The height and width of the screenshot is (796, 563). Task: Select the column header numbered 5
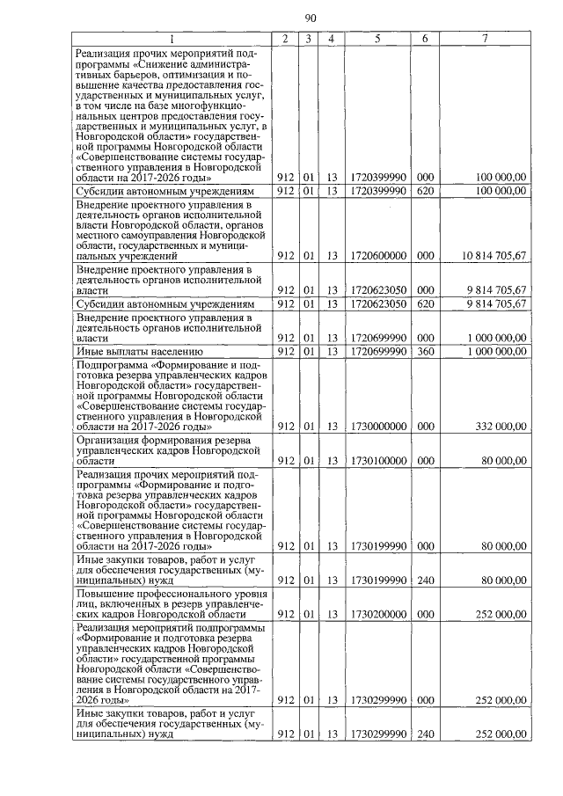pyautogui.click(x=377, y=39)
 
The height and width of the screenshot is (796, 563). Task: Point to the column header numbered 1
pyautogui.click(x=172, y=39)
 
